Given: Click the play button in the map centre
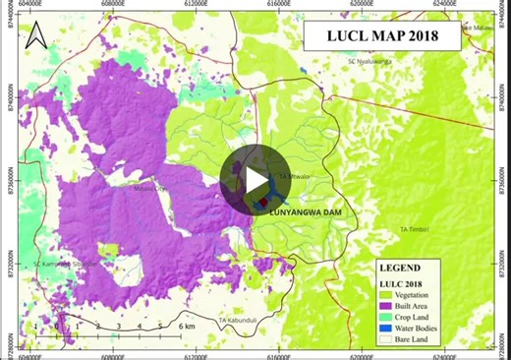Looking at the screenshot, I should pos(255,179).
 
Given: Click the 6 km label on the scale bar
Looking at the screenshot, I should pos(187,325).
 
